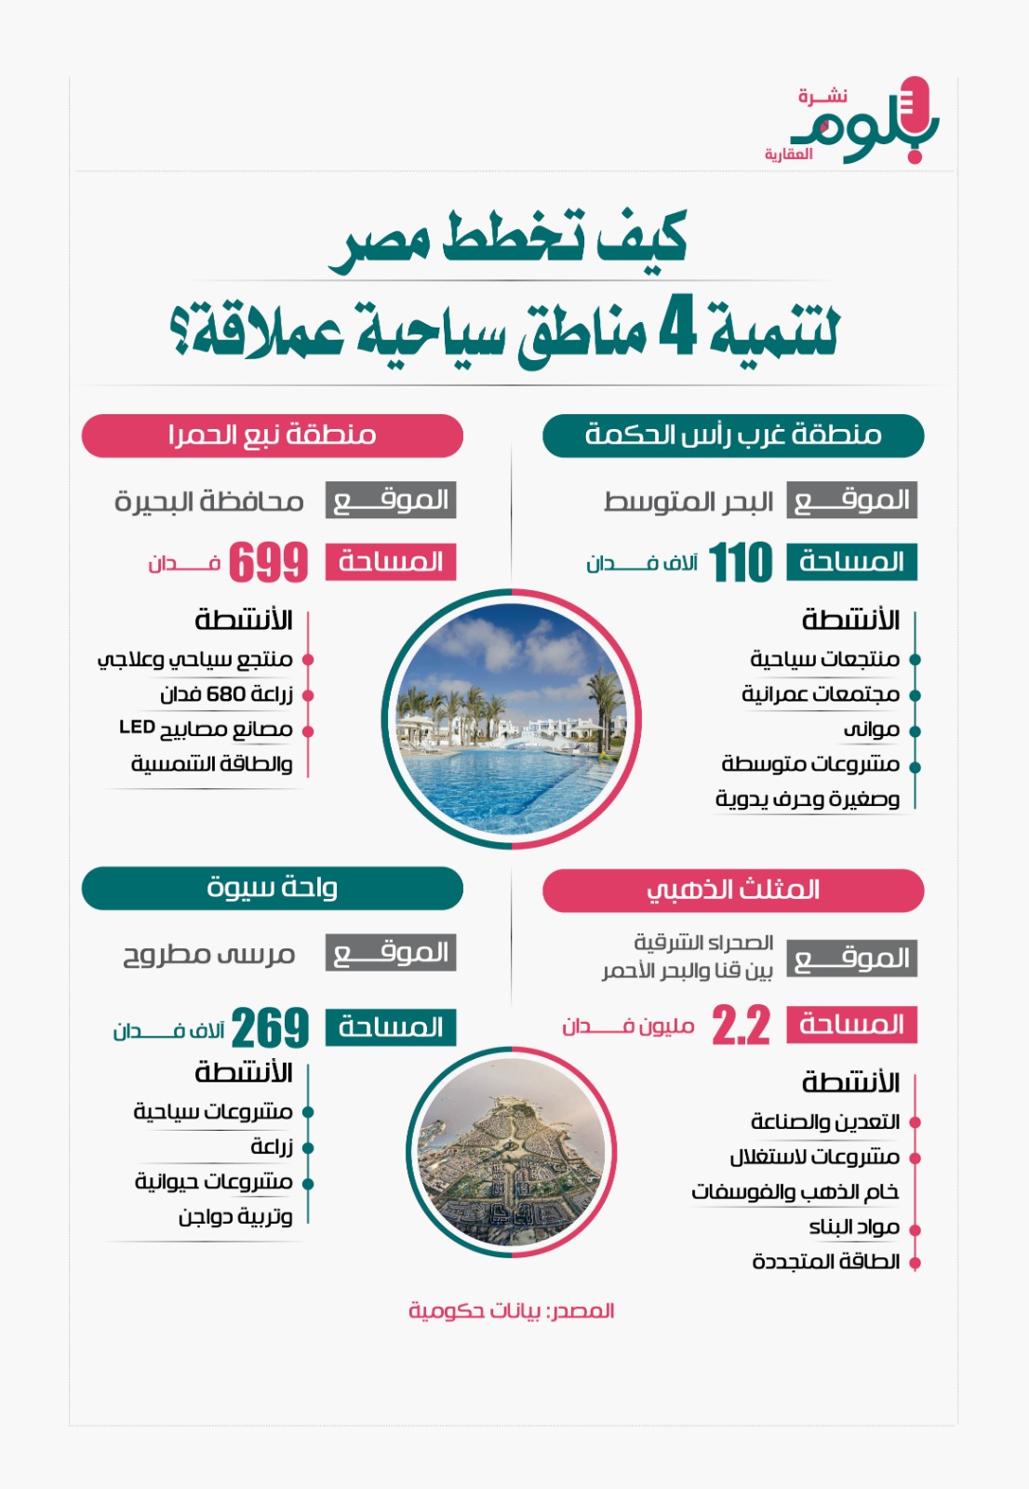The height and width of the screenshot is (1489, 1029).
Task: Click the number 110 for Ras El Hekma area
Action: click(x=741, y=563)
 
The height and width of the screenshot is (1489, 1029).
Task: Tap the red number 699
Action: click(x=268, y=563)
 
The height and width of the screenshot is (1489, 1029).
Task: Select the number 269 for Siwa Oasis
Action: click(x=270, y=1028)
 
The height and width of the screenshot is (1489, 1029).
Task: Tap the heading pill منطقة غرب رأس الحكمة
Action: click(x=733, y=436)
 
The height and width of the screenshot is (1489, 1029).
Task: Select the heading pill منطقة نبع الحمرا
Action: click(x=272, y=436)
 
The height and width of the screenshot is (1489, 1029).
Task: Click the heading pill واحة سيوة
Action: click(x=272, y=889)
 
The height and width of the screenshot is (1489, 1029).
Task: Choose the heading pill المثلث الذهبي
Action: click(x=733, y=891)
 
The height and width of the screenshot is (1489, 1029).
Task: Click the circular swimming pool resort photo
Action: click(x=511, y=719)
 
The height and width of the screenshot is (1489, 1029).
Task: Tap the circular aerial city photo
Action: click(x=511, y=1152)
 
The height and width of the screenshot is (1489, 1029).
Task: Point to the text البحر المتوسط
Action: click(x=688, y=503)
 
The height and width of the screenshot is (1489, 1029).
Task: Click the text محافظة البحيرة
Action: click(x=209, y=503)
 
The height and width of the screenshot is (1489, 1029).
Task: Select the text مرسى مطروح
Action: click(x=209, y=955)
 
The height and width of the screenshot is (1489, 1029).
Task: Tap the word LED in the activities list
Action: click(x=137, y=727)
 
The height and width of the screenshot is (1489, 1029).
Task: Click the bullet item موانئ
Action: click(x=871, y=730)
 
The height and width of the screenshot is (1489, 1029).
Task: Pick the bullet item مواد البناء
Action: click(x=854, y=1227)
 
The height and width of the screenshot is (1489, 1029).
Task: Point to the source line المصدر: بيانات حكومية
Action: click(x=512, y=1311)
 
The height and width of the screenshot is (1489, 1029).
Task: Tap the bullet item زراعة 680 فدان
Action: click(x=226, y=694)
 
